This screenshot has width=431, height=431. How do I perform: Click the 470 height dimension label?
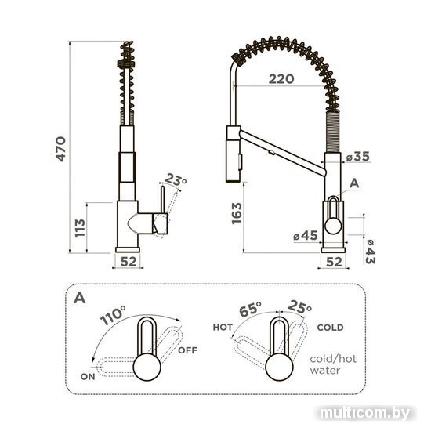[x=61, y=149]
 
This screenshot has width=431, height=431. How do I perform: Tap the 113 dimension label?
[x=80, y=228]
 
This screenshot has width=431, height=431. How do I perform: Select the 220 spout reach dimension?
[x=281, y=79]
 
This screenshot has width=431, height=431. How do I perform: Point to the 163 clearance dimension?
[x=237, y=213]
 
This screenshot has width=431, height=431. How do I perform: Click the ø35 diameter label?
[x=357, y=157]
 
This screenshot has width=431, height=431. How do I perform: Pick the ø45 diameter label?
[x=305, y=236]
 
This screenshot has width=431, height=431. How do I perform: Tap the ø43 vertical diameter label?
[x=370, y=252]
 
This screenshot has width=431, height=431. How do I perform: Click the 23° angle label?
[x=176, y=179]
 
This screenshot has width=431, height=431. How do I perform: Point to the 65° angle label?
[x=250, y=310]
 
